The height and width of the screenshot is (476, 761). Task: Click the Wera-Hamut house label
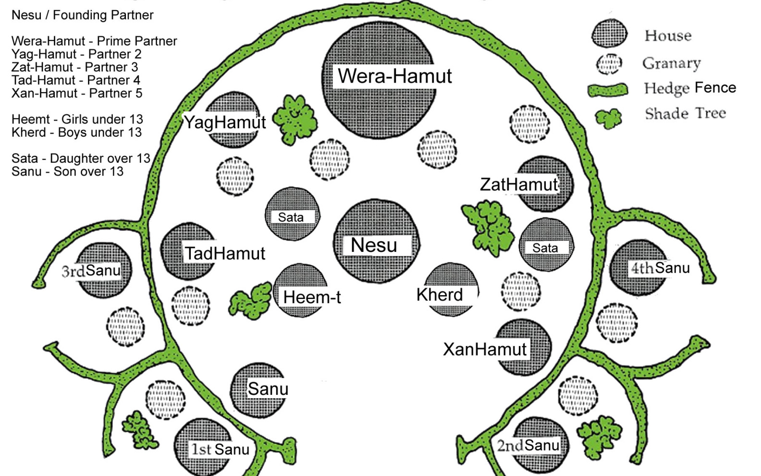pos(394,76)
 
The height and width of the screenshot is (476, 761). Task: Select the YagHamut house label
pos(225,122)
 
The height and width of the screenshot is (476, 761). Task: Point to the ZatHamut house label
pos(519,184)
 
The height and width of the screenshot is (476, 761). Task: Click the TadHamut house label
pos(225,253)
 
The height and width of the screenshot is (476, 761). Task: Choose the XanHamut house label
pos(485,349)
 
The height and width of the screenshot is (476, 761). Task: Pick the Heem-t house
pos(301,290)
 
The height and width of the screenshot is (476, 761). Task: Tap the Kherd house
pos(451,289)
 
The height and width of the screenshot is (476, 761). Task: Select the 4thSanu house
pos(639,268)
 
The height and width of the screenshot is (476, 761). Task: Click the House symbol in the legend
pos(609,34)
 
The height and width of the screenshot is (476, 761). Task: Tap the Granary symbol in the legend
pos(609,64)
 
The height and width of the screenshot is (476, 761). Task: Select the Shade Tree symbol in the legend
pos(608,118)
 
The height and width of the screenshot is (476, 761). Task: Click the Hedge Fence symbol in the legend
pos(608,90)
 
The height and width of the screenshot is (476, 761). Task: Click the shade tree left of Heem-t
pos(251,301)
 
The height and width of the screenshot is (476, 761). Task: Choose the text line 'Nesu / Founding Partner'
pos(82,15)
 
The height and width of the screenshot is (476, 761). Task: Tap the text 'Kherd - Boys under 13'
pos(76,132)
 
